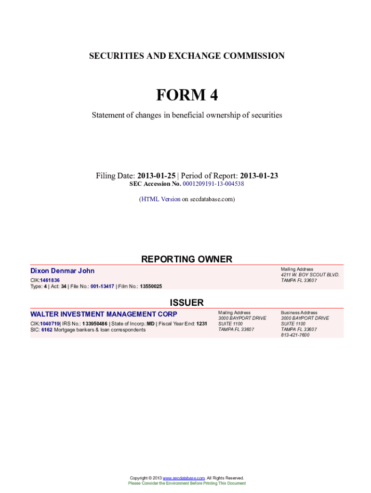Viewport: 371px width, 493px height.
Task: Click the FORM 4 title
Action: click(x=186, y=95)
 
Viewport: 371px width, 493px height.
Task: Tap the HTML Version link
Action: click(x=160, y=199)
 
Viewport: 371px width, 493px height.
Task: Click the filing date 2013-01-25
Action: click(x=157, y=176)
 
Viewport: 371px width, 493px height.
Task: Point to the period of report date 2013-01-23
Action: click(x=259, y=176)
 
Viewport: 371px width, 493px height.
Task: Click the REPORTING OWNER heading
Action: click(x=186, y=259)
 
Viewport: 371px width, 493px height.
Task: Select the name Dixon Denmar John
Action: click(x=63, y=271)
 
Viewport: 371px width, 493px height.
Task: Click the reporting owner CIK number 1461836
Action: click(x=50, y=280)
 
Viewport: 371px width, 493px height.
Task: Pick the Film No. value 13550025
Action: click(x=151, y=286)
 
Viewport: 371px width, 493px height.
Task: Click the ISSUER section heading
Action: click(x=186, y=303)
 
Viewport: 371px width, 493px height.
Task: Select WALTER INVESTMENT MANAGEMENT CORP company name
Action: click(x=104, y=314)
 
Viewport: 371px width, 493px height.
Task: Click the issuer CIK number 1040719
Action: click(x=50, y=324)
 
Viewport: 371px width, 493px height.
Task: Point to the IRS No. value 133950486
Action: click(x=95, y=324)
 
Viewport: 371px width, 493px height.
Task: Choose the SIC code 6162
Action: click(x=47, y=330)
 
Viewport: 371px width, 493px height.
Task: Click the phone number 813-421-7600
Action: click(x=295, y=335)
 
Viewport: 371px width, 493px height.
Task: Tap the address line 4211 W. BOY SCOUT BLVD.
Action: click(x=310, y=275)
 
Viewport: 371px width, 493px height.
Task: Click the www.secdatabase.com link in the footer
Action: click(x=184, y=478)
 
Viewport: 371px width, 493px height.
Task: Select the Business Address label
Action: click(x=299, y=312)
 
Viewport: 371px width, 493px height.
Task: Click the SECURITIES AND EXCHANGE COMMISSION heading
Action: click(x=186, y=56)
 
